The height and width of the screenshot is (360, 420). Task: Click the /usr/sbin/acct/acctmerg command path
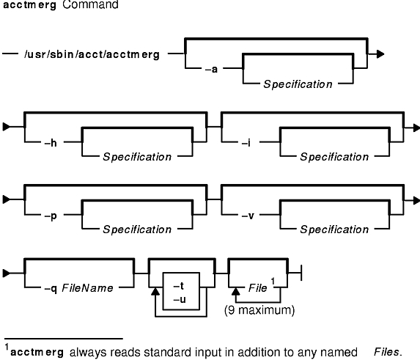[92, 54]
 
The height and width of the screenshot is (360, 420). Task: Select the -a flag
[211, 70]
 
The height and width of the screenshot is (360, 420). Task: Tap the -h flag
[51, 143]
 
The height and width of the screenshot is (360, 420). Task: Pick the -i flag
[246, 143]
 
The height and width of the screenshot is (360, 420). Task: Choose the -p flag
[51, 216]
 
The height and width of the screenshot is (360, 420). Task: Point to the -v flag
[248, 216]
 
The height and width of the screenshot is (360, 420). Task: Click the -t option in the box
[179, 287]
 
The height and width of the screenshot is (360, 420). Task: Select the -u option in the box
[180, 299]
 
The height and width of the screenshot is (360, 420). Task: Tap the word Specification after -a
[298, 84]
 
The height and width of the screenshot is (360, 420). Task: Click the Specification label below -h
[137, 157]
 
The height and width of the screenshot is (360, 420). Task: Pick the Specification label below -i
[334, 157]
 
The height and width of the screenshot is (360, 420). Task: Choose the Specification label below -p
[137, 229]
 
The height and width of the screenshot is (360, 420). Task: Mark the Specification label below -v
[334, 229]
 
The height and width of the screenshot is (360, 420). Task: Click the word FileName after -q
[87, 288]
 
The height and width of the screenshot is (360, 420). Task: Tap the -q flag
[51, 289]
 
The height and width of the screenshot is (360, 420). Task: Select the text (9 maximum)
[259, 310]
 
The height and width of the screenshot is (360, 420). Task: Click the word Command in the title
[90, 4]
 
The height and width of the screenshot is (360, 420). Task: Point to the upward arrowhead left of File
[236, 292]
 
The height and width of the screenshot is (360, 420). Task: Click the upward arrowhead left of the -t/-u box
[155, 292]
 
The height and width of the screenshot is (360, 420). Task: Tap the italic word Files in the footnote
[388, 352]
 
